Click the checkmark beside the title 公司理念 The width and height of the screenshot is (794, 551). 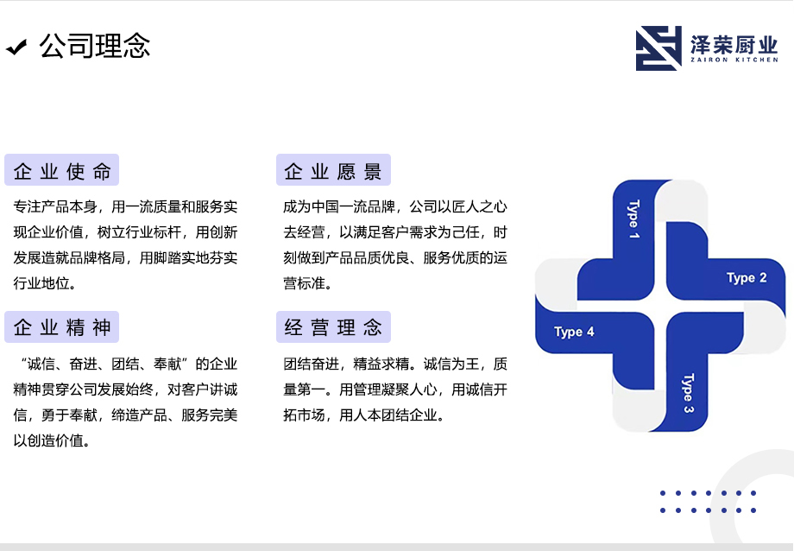pos(16,47)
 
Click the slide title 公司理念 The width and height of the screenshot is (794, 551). pos(95,46)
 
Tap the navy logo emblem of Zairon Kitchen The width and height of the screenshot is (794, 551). pos(659,48)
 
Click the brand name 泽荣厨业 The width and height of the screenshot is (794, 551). pos(734,45)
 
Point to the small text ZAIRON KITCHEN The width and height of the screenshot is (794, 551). pos(734,60)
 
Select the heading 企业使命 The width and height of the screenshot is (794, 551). pos(62,171)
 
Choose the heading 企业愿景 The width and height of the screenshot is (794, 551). pos(332,171)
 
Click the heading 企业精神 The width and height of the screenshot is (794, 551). pos(62,327)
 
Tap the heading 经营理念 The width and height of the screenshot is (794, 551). pos(332,327)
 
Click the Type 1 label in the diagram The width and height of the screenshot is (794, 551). pos(633,219)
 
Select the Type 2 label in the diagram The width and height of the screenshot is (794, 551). pos(747,278)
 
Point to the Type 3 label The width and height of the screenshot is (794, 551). pos(688,393)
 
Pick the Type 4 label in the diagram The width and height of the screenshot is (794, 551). pos(574,332)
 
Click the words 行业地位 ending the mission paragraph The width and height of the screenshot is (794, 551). pos(41,283)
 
